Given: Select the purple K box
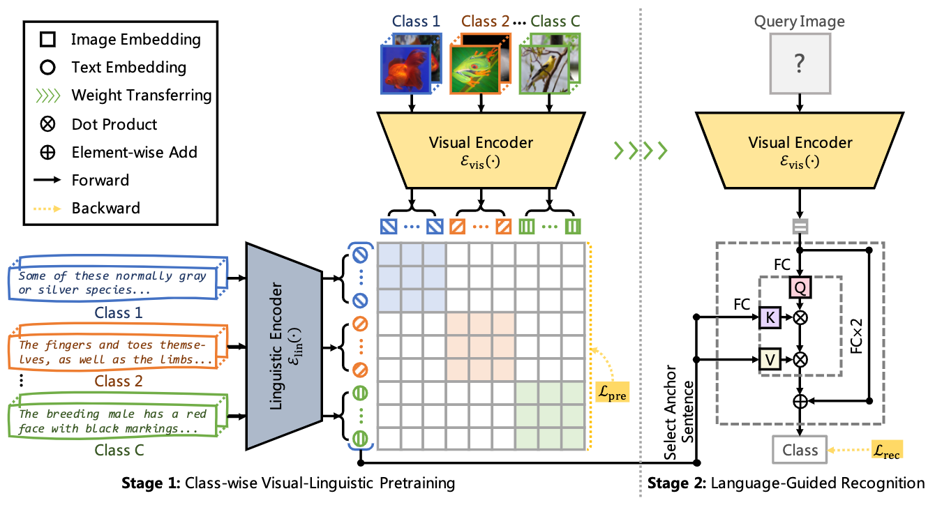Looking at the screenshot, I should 768,318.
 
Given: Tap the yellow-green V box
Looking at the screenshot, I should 768,359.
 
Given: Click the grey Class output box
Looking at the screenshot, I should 800,450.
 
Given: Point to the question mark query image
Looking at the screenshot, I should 800,65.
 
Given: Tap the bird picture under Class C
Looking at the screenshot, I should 543,70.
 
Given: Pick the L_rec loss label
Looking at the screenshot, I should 887,450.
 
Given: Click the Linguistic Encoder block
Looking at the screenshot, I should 282,345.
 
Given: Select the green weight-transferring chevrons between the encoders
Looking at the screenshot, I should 640,149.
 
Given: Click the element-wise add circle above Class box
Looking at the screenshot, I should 800,401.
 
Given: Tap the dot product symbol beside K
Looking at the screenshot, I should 800,318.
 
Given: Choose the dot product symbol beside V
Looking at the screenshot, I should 800,359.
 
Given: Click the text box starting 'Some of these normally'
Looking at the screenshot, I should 115,282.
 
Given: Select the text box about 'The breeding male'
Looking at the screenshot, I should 115,420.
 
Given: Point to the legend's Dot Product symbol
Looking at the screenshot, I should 47,124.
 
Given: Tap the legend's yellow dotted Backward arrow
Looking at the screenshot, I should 47,208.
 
